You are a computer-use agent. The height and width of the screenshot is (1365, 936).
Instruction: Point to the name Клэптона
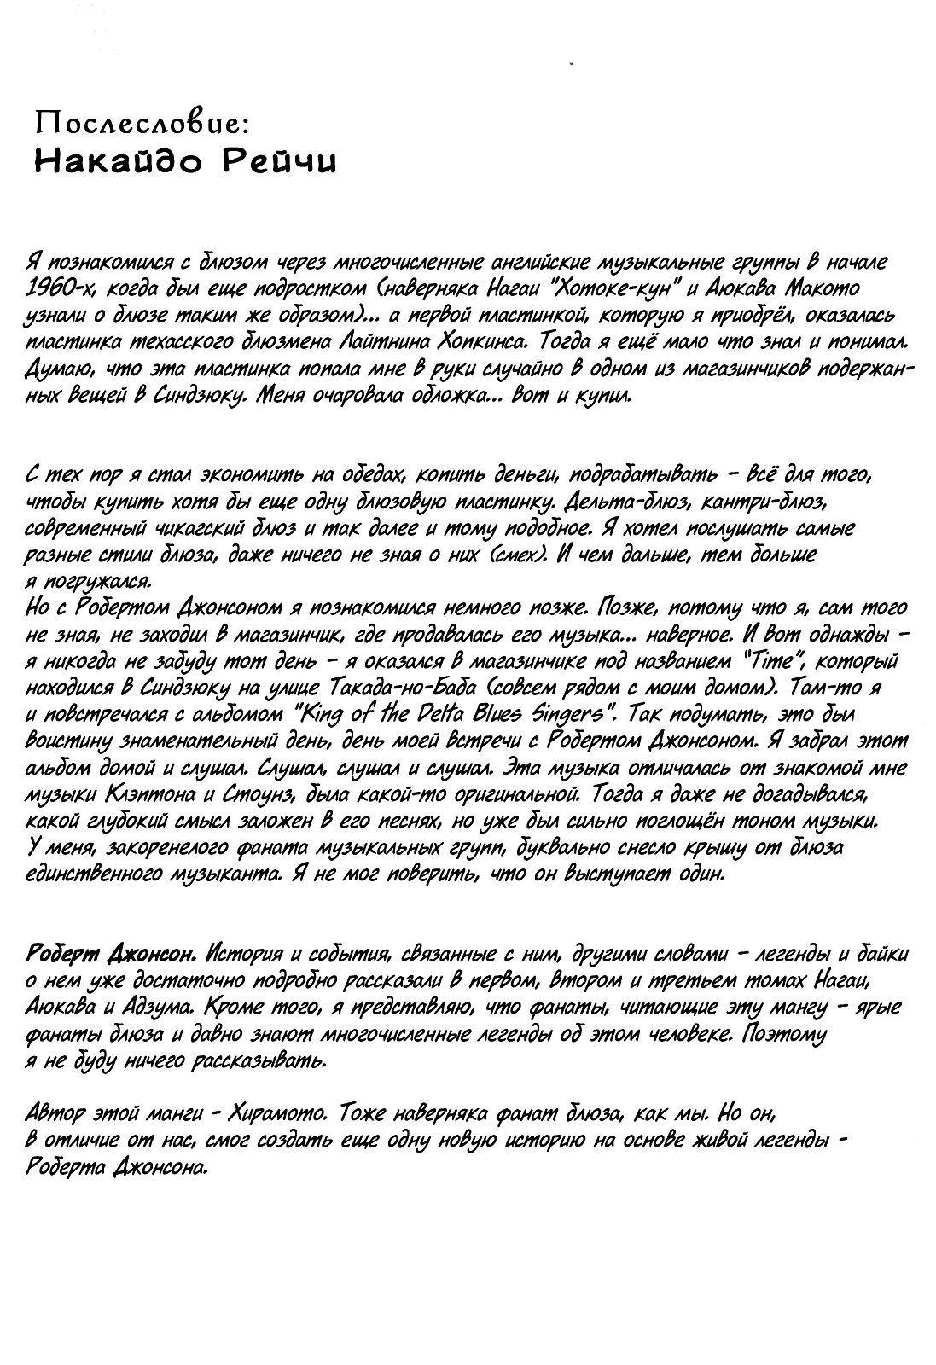click(153, 796)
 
